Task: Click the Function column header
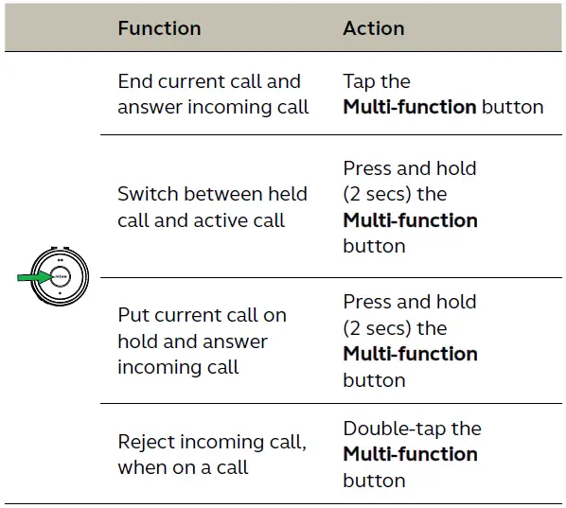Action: (x=159, y=28)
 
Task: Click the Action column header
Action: (x=374, y=28)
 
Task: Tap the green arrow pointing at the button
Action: (x=35, y=277)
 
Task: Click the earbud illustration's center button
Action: (x=61, y=277)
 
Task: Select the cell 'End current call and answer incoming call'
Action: (x=213, y=95)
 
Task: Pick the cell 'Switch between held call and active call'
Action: (x=212, y=207)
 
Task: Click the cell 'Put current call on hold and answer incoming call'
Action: (x=203, y=341)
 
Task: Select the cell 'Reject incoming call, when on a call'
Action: (x=212, y=455)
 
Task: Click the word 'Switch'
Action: (x=148, y=194)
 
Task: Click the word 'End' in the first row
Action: (x=135, y=81)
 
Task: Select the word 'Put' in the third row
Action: (x=133, y=315)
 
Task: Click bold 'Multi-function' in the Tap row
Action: (x=410, y=107)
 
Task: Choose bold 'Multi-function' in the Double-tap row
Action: (x=411, y=454)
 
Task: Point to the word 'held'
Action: (x=288, y=194)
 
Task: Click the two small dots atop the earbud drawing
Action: (x=61, y=260)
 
